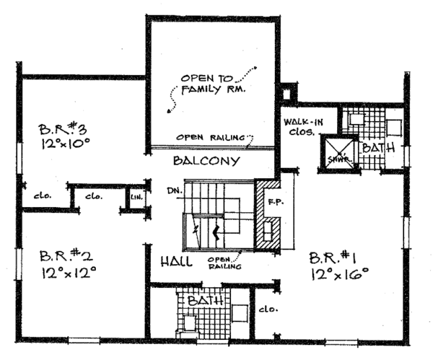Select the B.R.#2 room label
tap(64, 257)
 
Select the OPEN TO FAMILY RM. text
tap(214, 84)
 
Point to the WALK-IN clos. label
tap(301, 127)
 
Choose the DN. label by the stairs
tap(172, 192)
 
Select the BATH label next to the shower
tap(377, 148)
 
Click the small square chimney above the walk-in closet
tap(287, 92)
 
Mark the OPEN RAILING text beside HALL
tap(220, 263)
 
